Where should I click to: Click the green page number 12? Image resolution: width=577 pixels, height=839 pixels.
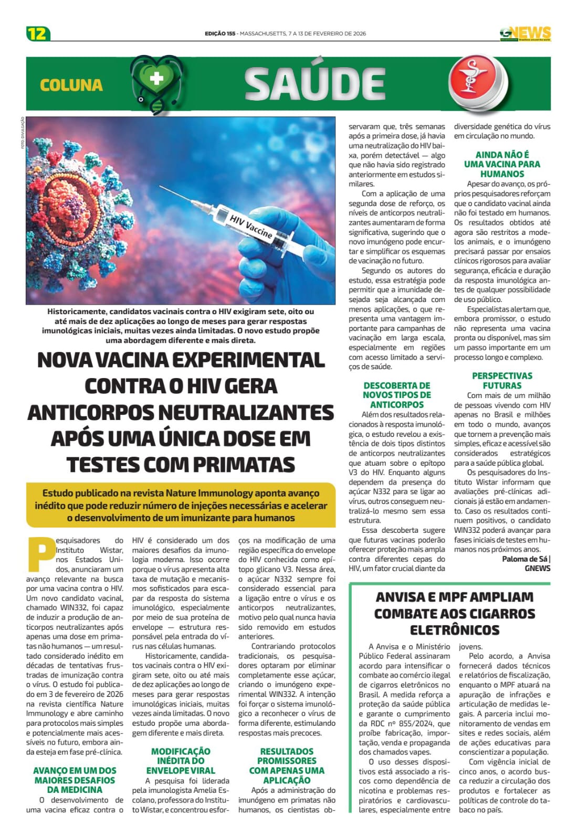point(38,34)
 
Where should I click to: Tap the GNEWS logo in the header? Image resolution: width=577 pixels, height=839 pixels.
point(526,34)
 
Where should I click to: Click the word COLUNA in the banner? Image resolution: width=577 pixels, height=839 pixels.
point(71,85)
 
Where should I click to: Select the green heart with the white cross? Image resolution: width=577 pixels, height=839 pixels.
point(156,79)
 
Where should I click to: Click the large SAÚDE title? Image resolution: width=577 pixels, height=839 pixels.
point(315,84)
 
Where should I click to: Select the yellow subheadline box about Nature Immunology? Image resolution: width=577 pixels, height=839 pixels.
point(181,505)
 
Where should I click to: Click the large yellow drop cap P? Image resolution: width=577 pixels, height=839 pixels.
point(40,554)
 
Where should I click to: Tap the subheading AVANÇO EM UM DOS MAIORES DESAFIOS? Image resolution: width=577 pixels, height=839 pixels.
point(75,780)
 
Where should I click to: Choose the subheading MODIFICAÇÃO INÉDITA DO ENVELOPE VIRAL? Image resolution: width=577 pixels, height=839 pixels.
point(181,761)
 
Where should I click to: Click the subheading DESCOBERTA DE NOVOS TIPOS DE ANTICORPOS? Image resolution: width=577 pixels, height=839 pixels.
point(396,395)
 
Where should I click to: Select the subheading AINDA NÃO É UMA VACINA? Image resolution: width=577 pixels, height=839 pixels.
point(502,164)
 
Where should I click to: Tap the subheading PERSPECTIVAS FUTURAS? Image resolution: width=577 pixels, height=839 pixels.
point(502,381)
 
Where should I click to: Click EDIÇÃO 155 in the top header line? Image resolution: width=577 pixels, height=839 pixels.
point(220,34)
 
